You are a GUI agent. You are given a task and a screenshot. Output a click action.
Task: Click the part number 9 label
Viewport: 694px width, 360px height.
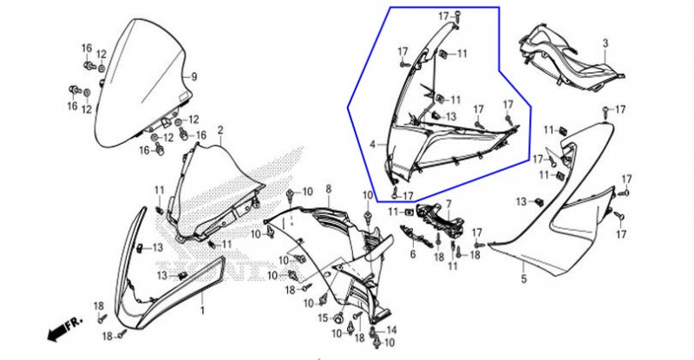pos(193,76)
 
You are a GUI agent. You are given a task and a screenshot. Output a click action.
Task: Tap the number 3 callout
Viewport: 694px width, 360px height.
pos(606,43)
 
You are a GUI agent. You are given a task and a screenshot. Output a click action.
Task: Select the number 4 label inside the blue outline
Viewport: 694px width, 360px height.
pos(373,144)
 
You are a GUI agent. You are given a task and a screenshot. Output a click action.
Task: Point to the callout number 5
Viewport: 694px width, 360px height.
pos(524,279)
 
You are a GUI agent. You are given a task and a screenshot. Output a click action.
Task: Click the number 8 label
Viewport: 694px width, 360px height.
pos(329,189)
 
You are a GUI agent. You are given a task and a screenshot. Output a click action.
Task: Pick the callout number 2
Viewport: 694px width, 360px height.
pos(220,130)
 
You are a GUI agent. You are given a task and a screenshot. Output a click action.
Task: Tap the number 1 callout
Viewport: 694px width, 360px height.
pos(203,311)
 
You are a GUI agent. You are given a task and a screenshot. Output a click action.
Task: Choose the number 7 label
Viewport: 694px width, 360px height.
pos(448,204)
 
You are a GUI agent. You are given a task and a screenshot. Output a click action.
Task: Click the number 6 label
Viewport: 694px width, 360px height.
pos(413,254)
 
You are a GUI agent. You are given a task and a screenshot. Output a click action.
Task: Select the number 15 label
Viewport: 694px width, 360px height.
pos(323,318)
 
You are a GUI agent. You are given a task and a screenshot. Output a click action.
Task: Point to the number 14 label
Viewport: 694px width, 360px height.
pos(391,330)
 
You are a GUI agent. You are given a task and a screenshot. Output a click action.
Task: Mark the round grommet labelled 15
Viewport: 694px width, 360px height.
pos(340,318)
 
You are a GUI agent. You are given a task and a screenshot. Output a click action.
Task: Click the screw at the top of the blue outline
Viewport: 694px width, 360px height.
pos(457,16)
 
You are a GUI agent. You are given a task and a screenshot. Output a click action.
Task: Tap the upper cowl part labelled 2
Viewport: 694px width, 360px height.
pos(217,190)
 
